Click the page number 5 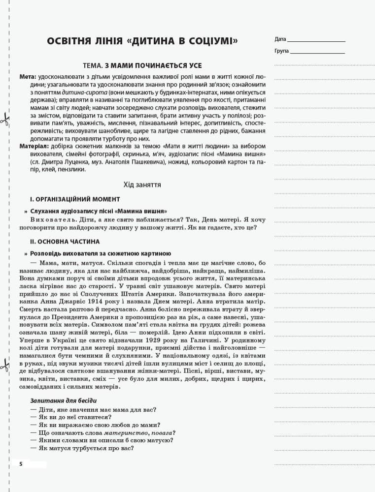point(21,464)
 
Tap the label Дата point(280,39)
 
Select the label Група point(282,50)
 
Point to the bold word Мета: point(28,78)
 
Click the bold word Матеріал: point(34,147)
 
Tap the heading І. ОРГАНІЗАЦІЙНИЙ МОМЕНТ point(75,199)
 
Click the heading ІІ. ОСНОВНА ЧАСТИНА point(65,242)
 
